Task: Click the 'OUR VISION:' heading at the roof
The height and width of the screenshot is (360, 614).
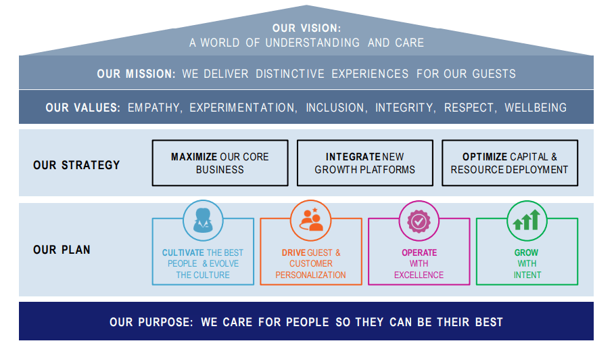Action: [x=306, y=28]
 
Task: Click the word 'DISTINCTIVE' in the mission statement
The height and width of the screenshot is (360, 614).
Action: [x=289, y=74]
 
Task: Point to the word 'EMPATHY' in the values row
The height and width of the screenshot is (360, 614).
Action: [x=155, y=108]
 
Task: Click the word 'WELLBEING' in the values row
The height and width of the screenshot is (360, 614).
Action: [x=536, y=108]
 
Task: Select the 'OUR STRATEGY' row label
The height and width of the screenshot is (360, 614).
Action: [x=76, y=164]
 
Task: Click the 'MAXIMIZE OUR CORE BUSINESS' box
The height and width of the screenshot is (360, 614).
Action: [x=220, y=163]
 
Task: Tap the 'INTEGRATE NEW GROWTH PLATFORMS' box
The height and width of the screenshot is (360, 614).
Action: [x=364, y=163]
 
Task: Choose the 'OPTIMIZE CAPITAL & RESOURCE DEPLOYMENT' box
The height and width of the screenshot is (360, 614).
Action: [x=509, y=163]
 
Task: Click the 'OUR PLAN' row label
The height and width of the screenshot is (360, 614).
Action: [x=62, y=250]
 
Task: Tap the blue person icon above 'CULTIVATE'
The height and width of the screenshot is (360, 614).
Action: [x=203, y=220]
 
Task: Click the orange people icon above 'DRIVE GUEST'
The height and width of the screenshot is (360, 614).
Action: [x=311, y=220]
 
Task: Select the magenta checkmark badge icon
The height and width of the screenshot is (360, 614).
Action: [x=419, y=220]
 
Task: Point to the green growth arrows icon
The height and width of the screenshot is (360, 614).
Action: [x=527, y=220]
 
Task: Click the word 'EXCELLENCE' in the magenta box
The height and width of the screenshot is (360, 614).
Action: [x=419, y=275]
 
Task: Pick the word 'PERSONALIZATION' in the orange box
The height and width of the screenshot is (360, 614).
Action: [x=310, y=275]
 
